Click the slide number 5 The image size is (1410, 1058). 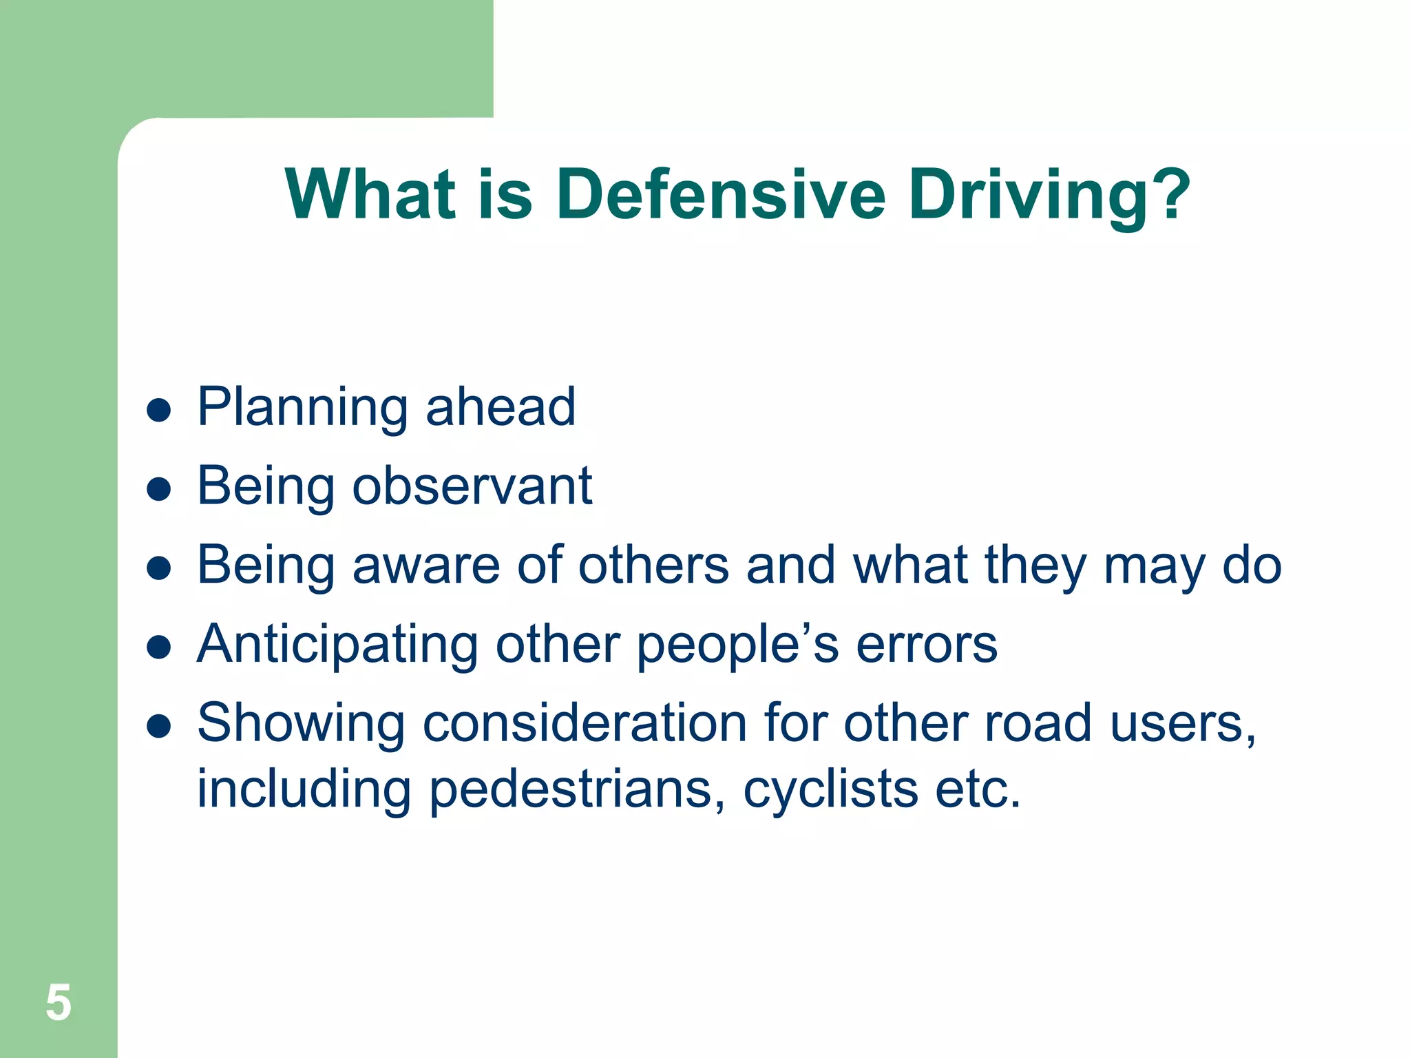pos(59,1003)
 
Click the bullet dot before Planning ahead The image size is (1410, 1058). pos(159,411)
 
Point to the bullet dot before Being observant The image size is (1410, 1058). pos(159,490)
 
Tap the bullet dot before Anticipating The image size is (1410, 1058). pos(159,647)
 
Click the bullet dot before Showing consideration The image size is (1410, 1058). pos(159,726)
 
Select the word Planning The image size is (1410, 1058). pos(303,408)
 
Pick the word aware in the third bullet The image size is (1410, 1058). pos(426,566)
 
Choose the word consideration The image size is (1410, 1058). pos(585,724)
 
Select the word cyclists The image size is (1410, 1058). pos(830,789)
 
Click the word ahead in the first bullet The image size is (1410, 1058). pos(501,407)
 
